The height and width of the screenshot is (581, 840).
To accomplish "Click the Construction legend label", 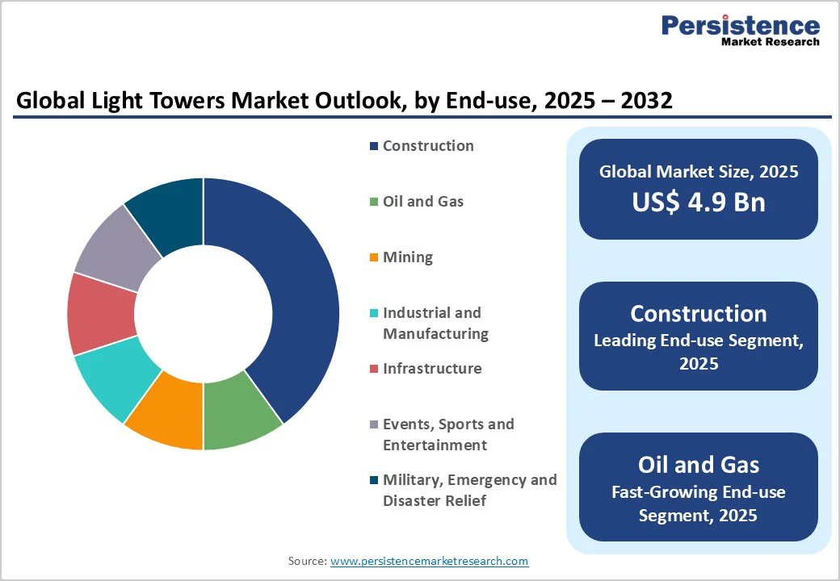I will (x=428, y=146).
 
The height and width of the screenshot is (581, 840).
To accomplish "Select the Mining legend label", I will (x=408, y=257).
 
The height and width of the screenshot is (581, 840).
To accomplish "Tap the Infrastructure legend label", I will (x=432, y=369).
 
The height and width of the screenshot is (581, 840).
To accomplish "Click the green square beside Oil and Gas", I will (x=374, y=203).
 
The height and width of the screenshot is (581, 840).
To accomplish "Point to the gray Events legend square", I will (x=374, y=425).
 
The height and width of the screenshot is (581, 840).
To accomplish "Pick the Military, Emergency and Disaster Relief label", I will (x=469, y=490).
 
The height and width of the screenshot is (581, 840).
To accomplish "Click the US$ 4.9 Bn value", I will (x=699, y=202).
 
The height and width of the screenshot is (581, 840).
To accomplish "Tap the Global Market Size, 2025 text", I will (x=699, y=171).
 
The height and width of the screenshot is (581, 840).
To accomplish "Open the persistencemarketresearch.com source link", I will (x=429, y=561).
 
